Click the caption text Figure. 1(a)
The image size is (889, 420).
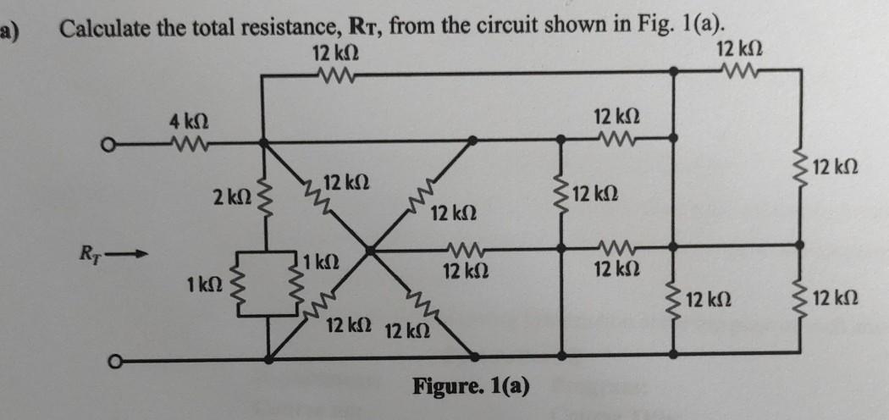472,387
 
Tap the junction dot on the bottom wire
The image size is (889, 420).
269,359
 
